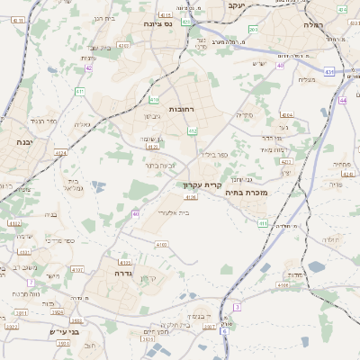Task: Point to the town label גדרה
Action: click(123, 271)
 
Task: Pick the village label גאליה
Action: click(81, 125)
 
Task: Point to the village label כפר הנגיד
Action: click(40, 120)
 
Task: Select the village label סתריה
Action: click(246, 115)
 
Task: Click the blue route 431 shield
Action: click(330, 72)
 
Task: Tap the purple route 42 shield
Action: click(88, 67)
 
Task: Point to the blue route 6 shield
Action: click(225, 331)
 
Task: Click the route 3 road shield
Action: click(237, 307)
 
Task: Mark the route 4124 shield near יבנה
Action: click(60, 153)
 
